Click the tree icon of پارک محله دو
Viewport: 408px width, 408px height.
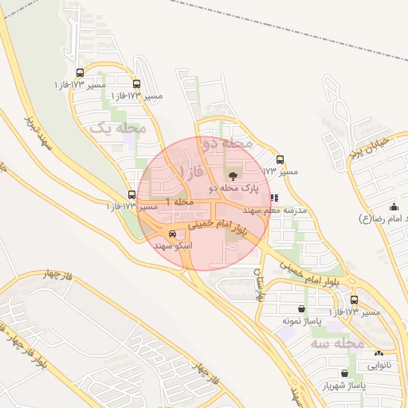pyautogui.click(x=232, y=175)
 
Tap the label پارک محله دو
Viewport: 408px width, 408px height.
pyautogui.click(x=235, y=188)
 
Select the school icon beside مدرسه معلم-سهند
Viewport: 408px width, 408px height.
pyautogui.click(x=275, y=197)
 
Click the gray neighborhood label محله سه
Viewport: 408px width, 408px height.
pyautogui.click(x=337, y=343)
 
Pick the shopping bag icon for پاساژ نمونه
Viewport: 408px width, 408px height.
pyautogui.click(x=301, y=308)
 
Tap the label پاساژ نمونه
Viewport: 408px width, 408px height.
pyautogui.click(x=296, y=320)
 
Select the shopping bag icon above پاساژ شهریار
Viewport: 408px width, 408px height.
pyautogui.click(x=344, y=372)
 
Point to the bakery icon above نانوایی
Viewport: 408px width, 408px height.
pyautogui.click(x=379, y=352)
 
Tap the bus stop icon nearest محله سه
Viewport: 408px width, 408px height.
pyautogui.click(x=354, y=300)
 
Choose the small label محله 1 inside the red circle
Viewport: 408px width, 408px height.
pyautogui.click(x=180, y=202)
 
